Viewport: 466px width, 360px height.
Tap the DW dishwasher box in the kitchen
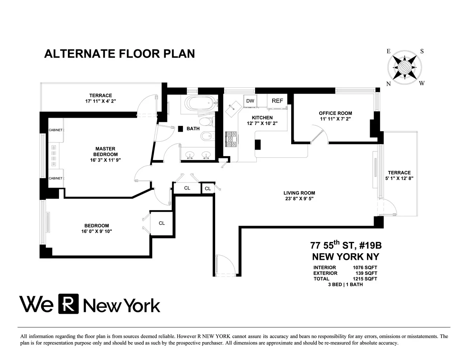(x=250, y=101)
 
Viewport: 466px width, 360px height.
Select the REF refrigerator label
(x=277, y=101)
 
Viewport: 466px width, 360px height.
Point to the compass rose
(x=404, y=67)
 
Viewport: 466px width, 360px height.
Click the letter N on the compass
(x=388, y=83)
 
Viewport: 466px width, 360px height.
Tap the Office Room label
(x=335, y=113)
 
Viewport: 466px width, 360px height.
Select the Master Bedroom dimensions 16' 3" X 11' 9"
(x=105, y=160)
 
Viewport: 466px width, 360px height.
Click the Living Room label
(x=299, y=193)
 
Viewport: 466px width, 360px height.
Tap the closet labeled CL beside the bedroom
(x=162, y=223)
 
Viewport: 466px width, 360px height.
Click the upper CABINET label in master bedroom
(x=56, y=130)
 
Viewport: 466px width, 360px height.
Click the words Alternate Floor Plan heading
(x=120, y=54)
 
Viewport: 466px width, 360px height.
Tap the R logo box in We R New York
(x=68, y=304)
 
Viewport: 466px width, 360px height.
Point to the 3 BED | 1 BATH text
(x=345, y=284)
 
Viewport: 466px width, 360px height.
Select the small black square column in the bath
(x=181, y=129)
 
